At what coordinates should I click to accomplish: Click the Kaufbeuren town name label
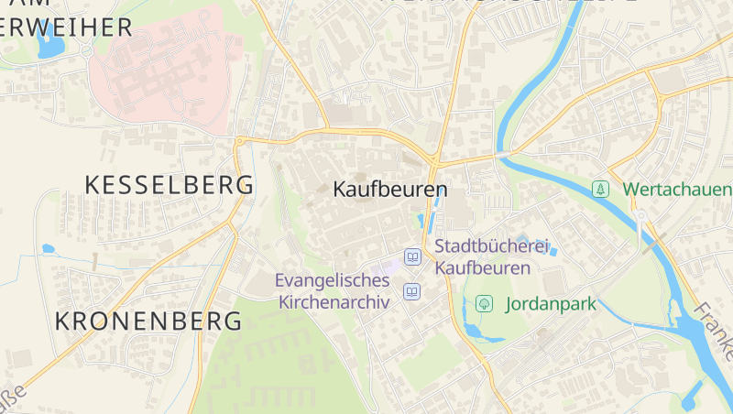[390, 190]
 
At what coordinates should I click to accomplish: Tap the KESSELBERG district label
[169, 184]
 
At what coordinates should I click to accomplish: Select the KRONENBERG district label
[148, 321]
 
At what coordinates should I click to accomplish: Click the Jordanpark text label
[550, 303]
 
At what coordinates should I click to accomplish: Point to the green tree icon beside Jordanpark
[484, 303]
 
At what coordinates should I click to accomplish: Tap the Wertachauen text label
[677, 190]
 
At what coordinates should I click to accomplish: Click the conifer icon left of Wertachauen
[600, 189]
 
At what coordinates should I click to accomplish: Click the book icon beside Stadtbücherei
[413, 257]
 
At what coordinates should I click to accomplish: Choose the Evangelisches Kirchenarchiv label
[333, 290]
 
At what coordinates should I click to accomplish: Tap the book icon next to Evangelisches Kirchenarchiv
[412, 292]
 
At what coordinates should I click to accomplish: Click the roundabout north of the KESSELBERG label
[240, 141]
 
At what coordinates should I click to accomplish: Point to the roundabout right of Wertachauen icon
[640, 216]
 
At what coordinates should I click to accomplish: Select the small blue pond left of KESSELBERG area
[49, 248]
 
